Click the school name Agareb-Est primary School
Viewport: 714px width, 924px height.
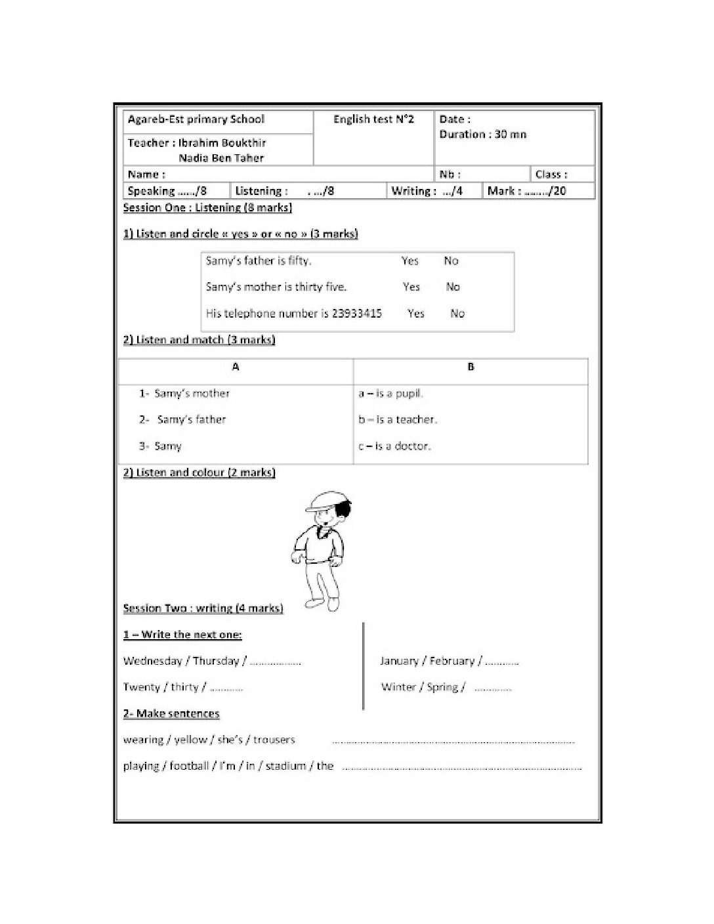(196, 119)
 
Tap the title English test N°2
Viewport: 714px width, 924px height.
(373, 119)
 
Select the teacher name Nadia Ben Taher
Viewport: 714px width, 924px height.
(221, 157)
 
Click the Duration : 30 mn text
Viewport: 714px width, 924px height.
(482, 135)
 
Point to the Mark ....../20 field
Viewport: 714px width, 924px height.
(526, 191)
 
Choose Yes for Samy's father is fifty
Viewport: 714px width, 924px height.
(410, 261)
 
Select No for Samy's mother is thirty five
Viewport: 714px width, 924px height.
(453, 287)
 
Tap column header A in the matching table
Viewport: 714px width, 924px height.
(236, 367)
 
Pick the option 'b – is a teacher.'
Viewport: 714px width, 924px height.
(398, 419)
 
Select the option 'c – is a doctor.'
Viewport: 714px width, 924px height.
(394, 446)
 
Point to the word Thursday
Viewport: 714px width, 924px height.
(216, 661)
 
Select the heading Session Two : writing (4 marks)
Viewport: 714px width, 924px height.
(203, 608)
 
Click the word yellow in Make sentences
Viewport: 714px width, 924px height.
(190, 740)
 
